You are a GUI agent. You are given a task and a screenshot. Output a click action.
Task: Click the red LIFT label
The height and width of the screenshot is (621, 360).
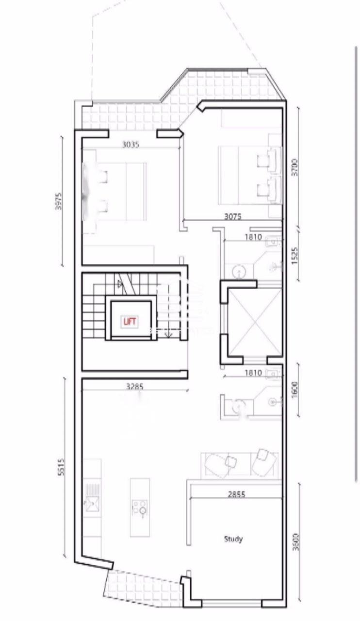(129, 321)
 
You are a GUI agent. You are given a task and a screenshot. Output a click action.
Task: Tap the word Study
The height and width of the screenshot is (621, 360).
(233, 539)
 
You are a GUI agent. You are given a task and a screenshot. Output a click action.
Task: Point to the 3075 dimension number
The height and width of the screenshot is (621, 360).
(233, 217)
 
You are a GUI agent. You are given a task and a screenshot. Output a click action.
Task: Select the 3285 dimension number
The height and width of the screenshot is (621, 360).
(134, 387)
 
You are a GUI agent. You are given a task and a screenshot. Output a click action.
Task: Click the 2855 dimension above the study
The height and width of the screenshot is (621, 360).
(236, 494)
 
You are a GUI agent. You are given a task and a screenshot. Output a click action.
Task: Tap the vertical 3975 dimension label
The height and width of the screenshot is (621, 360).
(59, 201)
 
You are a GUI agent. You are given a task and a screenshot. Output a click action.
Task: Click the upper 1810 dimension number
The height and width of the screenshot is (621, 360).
(253, 237)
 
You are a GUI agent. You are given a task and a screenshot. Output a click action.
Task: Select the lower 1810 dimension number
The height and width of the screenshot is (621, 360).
(253, 373)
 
